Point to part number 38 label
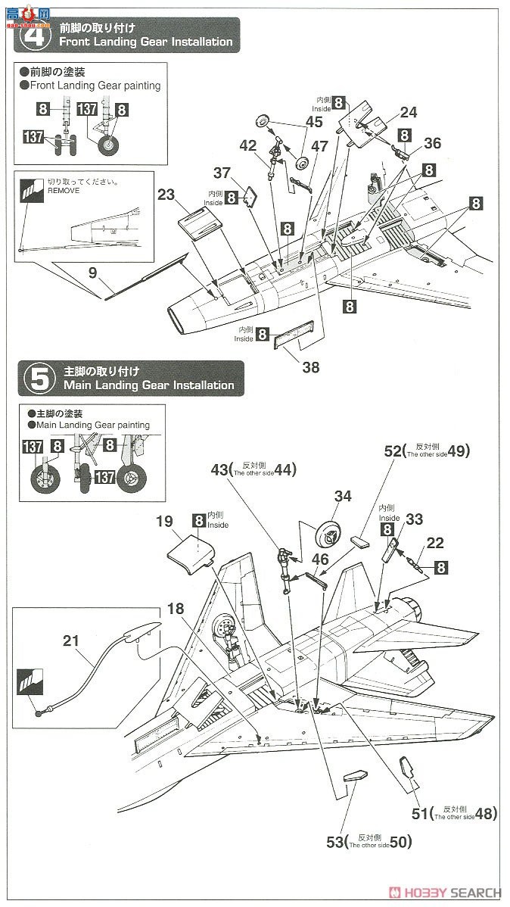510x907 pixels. (x=310, y=368)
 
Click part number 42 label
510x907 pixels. (x=248, y=145)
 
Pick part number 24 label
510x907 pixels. (x=409, y=113)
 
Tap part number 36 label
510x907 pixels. (x=433, y=142)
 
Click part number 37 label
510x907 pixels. (x=221, y=174)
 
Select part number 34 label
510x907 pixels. (x=343, y=496)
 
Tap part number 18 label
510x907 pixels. (x=176, y=609)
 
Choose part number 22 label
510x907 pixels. (x=435, y=543)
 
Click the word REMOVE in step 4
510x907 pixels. (x=63, y=191)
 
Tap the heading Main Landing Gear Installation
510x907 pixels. (x=149, y=385)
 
